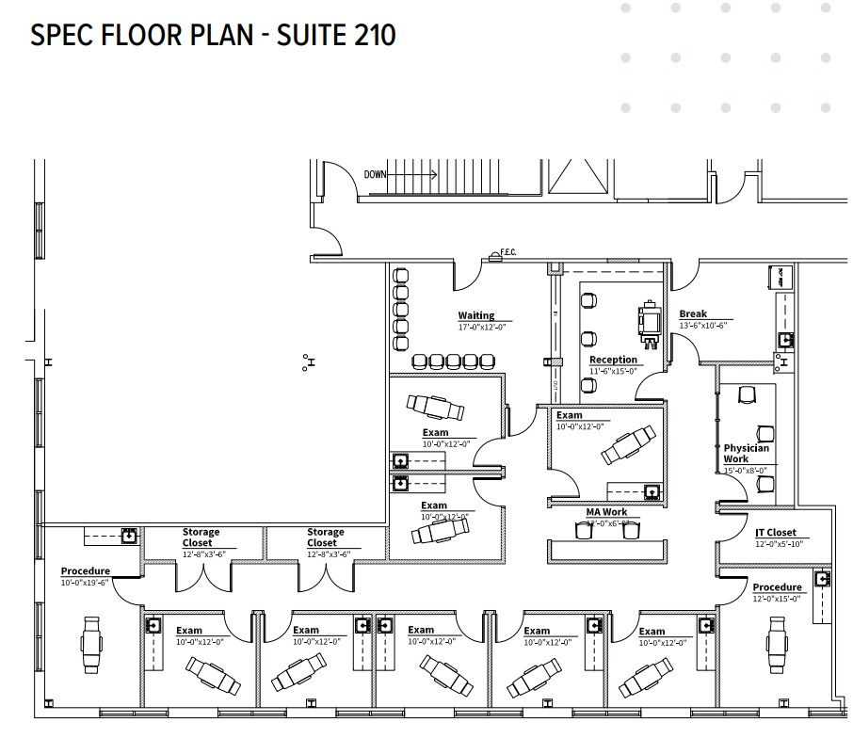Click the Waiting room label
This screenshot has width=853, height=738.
(476, 315)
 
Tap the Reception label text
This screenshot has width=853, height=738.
(613, 360)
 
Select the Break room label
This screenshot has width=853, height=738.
(693, 314)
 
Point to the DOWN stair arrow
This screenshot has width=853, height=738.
(400, 175)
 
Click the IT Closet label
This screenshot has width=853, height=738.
(775, 532)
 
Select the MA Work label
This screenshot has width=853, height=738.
(606, 512)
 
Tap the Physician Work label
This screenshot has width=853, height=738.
(747, 454)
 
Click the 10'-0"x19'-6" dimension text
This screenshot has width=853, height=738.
(85, 582)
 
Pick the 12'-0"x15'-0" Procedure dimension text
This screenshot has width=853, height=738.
(777, 599)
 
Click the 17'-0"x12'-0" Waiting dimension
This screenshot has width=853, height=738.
(481, 327)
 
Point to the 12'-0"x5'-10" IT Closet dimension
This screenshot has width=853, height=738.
(779, 544)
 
